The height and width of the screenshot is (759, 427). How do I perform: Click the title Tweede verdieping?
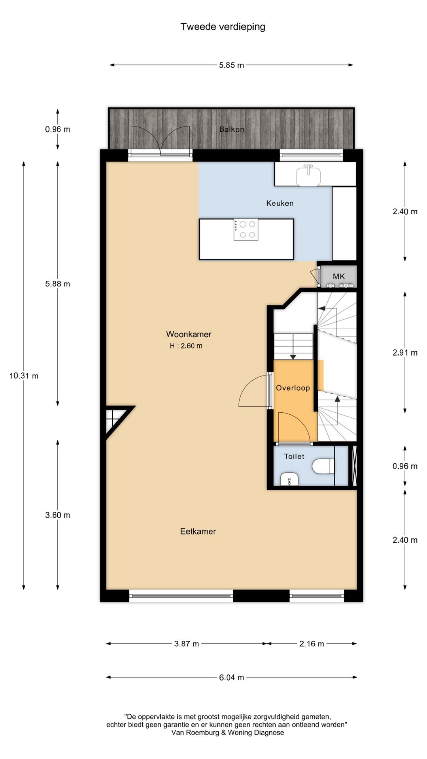click(223, 27)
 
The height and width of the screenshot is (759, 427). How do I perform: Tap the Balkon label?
click(232, 129)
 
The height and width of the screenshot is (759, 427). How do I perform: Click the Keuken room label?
click(280, 203)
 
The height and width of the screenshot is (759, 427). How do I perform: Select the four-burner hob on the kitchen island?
click(246, 230)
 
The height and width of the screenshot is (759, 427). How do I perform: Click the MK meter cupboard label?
click(339, 276)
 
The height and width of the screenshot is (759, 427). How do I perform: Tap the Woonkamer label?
click(189, 334)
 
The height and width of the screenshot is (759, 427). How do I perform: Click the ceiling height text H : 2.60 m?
click(186, 346)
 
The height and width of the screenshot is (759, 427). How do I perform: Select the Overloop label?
click(293, 388)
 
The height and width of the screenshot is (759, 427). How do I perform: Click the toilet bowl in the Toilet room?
click(323, 466)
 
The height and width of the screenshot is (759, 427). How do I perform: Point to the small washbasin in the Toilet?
click(289, 479)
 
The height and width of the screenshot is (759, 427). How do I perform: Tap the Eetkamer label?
click(198, 531)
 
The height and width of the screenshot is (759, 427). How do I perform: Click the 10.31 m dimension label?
click(24, 376)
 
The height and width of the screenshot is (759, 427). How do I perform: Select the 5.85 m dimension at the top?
click(231, 65)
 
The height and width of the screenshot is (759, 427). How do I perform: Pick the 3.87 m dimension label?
click(187, 644)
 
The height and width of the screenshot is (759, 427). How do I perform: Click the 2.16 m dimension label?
click(312, 644)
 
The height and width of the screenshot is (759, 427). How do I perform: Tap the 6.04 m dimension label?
click(231, 677)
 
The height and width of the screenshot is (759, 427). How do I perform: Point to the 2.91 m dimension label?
click(405, 353)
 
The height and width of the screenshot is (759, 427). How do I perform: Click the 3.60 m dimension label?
click(58, 515)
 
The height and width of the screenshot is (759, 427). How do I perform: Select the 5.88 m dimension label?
click(58, 284)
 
